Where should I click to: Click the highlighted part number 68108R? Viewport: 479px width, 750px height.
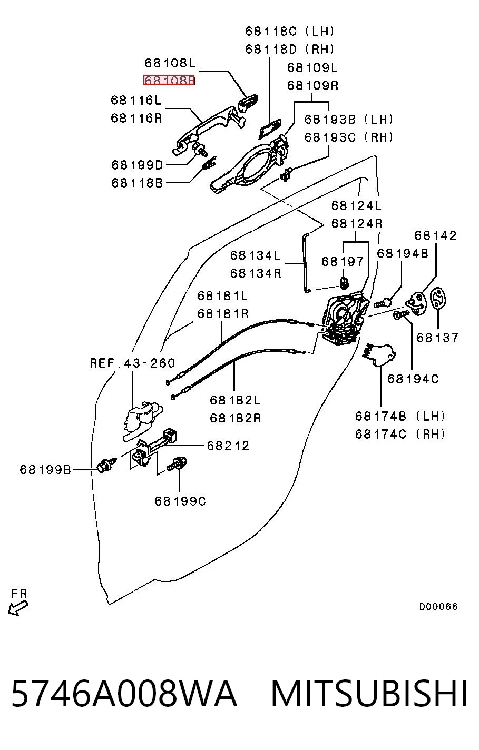tap(170, 81)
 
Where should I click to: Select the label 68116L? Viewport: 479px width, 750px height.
tap(136, 100)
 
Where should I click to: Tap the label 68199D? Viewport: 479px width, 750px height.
tap(137, 165)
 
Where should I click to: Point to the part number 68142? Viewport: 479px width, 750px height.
tap(435, 235)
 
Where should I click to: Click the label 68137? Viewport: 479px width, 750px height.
tap(437, 338)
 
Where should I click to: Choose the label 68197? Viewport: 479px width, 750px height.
tap(343, 261)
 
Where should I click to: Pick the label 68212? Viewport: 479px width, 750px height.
tap(228, 446)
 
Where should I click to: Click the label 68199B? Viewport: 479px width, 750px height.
tap(45, 469)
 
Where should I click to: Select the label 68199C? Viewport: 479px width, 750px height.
tap(180, 501)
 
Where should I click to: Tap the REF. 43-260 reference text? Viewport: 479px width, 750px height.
tap(132, 363)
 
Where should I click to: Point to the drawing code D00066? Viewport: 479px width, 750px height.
tap(438, 606)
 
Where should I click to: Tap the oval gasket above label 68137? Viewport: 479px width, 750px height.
tap(438, 300)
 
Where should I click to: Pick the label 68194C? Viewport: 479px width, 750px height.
tap(413, 379)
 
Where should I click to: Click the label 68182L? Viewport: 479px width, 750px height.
tap(235, 400)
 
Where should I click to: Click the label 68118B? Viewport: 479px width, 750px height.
tap(137, 183)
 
